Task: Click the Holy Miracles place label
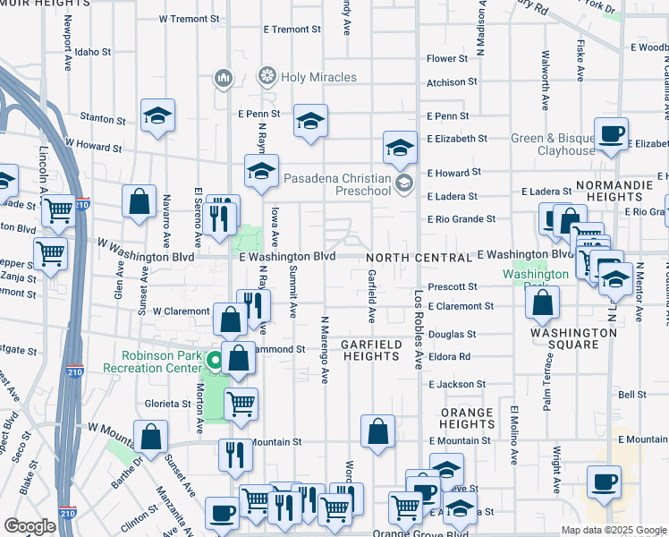[x=318, y=77]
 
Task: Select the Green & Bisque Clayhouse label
[x=553, y=144]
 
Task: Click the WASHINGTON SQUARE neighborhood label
[x=573, y=338]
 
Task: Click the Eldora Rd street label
[x=450, y=356]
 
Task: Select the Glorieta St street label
[x=169, y=404]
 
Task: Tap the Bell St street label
[x=631, y=394]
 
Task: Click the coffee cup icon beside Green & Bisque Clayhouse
[x=613, y=135]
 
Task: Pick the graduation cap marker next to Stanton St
[x=157, y=115]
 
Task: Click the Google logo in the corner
[x=30, y=525]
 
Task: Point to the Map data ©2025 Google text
[x=613, y=530]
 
